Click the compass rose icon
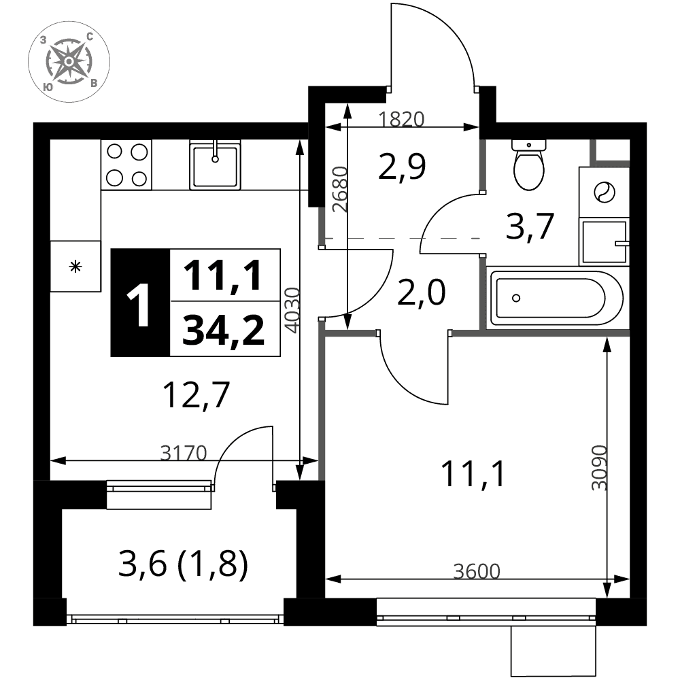click(x=69, y=62)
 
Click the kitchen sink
click(x=215, y=165)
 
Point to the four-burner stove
click(x=126, y=165)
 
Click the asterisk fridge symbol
click(x=76, y=267)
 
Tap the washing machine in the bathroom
click(x=604, y=192)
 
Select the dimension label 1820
click(x=401, y=119)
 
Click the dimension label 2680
click(x=341, y=190)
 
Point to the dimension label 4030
click(x=293, y=310)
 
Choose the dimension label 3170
click(x=184, y=453)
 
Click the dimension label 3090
click(x=600, y=468)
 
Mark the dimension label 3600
click(x=477, y=572)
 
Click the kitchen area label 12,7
click(x=196, y=395)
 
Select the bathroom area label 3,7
click(x=530, y=226)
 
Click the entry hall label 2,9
click(x=402, y=166)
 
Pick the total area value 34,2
click(x=223, y=331)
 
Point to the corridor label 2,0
click(x=421, y=292)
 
